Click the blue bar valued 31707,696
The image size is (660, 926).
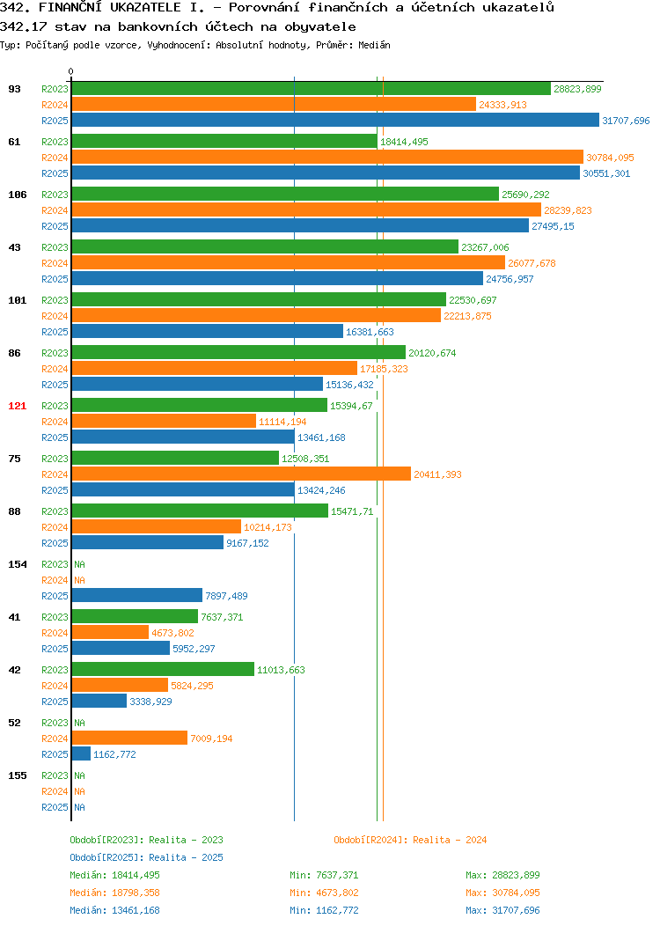click(335, 121)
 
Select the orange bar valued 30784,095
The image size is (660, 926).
click(327, 157)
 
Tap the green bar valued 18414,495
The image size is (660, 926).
click(224, 142)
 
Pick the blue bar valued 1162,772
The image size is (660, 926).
click(82, 754)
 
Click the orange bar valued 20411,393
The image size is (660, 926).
click(241, 474)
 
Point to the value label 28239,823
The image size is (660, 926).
click(568, 210)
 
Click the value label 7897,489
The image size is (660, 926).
click(227, 596)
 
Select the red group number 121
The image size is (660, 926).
click(17, 406)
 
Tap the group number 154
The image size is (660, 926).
click(17, 564)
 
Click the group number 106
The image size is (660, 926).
click(17, 195)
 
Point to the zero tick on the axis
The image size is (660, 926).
click(71, 72)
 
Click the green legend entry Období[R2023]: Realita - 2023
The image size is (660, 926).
click(146, 840)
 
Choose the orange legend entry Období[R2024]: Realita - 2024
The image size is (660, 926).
click(410, 840)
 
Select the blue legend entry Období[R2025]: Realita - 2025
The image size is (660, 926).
click(146, 857)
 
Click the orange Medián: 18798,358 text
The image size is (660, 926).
click(114, 893)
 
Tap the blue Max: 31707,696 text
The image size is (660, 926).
click(502, 911)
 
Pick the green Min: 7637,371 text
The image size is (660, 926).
click(324, 875)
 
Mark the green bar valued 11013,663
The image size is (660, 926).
click(163, 669)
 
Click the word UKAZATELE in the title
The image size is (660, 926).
click(145, 8)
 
